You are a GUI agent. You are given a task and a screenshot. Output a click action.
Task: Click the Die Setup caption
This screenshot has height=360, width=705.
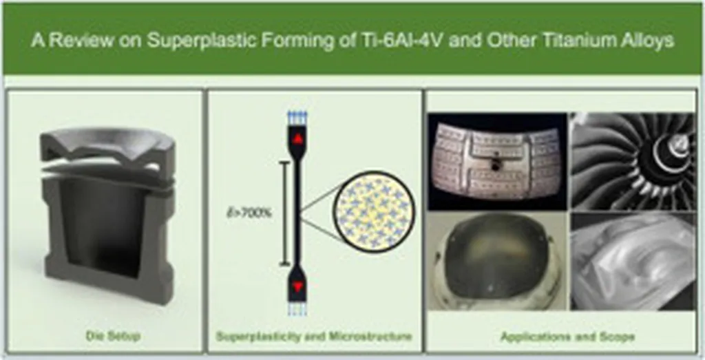(x=113, y=336)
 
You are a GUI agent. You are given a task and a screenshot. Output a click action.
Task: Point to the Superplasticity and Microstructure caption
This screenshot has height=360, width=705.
(x=314, y=337)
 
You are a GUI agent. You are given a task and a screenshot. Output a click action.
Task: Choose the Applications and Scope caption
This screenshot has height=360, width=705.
(x=567, y=337)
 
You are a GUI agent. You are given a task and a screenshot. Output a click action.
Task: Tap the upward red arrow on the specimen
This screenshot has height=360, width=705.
(x=297, y=139)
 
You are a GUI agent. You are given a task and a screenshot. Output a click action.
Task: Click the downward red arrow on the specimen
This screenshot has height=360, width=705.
(x=297, y=286)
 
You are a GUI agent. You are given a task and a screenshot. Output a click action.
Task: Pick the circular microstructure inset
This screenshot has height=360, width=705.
(x=374, y=212)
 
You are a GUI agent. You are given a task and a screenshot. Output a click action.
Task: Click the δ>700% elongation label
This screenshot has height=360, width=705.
(x=249, y=213)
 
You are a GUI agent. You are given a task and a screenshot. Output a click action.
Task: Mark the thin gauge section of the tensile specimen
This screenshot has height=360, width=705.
(x=297, y=212)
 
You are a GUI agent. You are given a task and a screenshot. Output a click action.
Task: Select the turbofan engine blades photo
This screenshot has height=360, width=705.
(x=633, y=161)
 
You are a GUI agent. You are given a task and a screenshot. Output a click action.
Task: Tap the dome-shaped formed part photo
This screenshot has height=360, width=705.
(x=497, y=262)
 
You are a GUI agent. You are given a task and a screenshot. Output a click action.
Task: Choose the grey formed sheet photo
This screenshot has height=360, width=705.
(x=633, y=262)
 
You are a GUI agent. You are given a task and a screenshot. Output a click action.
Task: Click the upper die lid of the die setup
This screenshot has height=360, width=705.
(x=107, y=148)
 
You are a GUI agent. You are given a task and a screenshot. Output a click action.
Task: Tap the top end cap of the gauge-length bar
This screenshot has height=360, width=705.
(x=283, y=162)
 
